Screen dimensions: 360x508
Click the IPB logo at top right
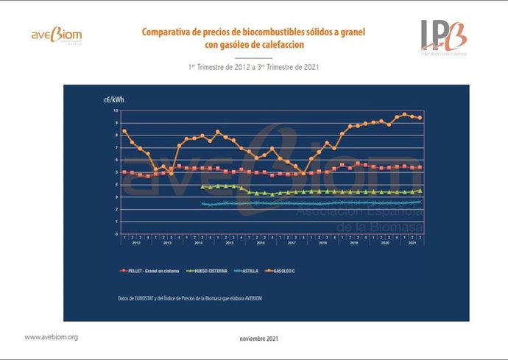(x=444, y=38)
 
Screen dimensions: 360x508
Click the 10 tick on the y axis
(x=115, y=110)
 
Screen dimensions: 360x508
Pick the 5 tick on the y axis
(x=116, y=172)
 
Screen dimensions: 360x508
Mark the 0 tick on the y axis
(x=116, y=233)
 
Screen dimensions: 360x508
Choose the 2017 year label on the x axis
(x=292, y=243)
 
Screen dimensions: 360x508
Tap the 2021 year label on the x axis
(x=412, y=243)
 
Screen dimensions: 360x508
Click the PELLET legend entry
(x=148, y=272)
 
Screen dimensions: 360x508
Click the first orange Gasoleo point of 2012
(x=124, y=131)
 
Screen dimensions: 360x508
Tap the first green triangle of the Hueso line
(x=202, y=186)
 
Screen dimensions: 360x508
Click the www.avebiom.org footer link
(x=52, y=336)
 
